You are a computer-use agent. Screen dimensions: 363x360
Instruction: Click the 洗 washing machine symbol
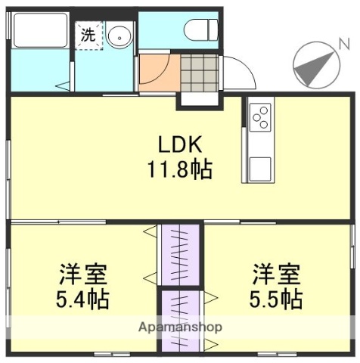click(x=88, y=36)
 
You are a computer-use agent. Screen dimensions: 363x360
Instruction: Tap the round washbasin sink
click(x=118, y=35)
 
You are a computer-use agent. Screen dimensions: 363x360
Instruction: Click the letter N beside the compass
click(x=344, y=43)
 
